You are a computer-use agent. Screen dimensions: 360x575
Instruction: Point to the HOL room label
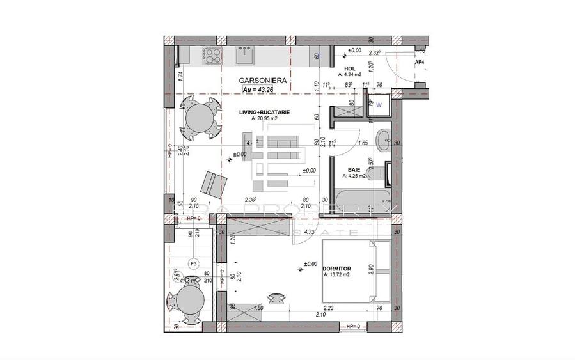[349, 68]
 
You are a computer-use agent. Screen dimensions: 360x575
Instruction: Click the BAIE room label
[354, 170]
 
